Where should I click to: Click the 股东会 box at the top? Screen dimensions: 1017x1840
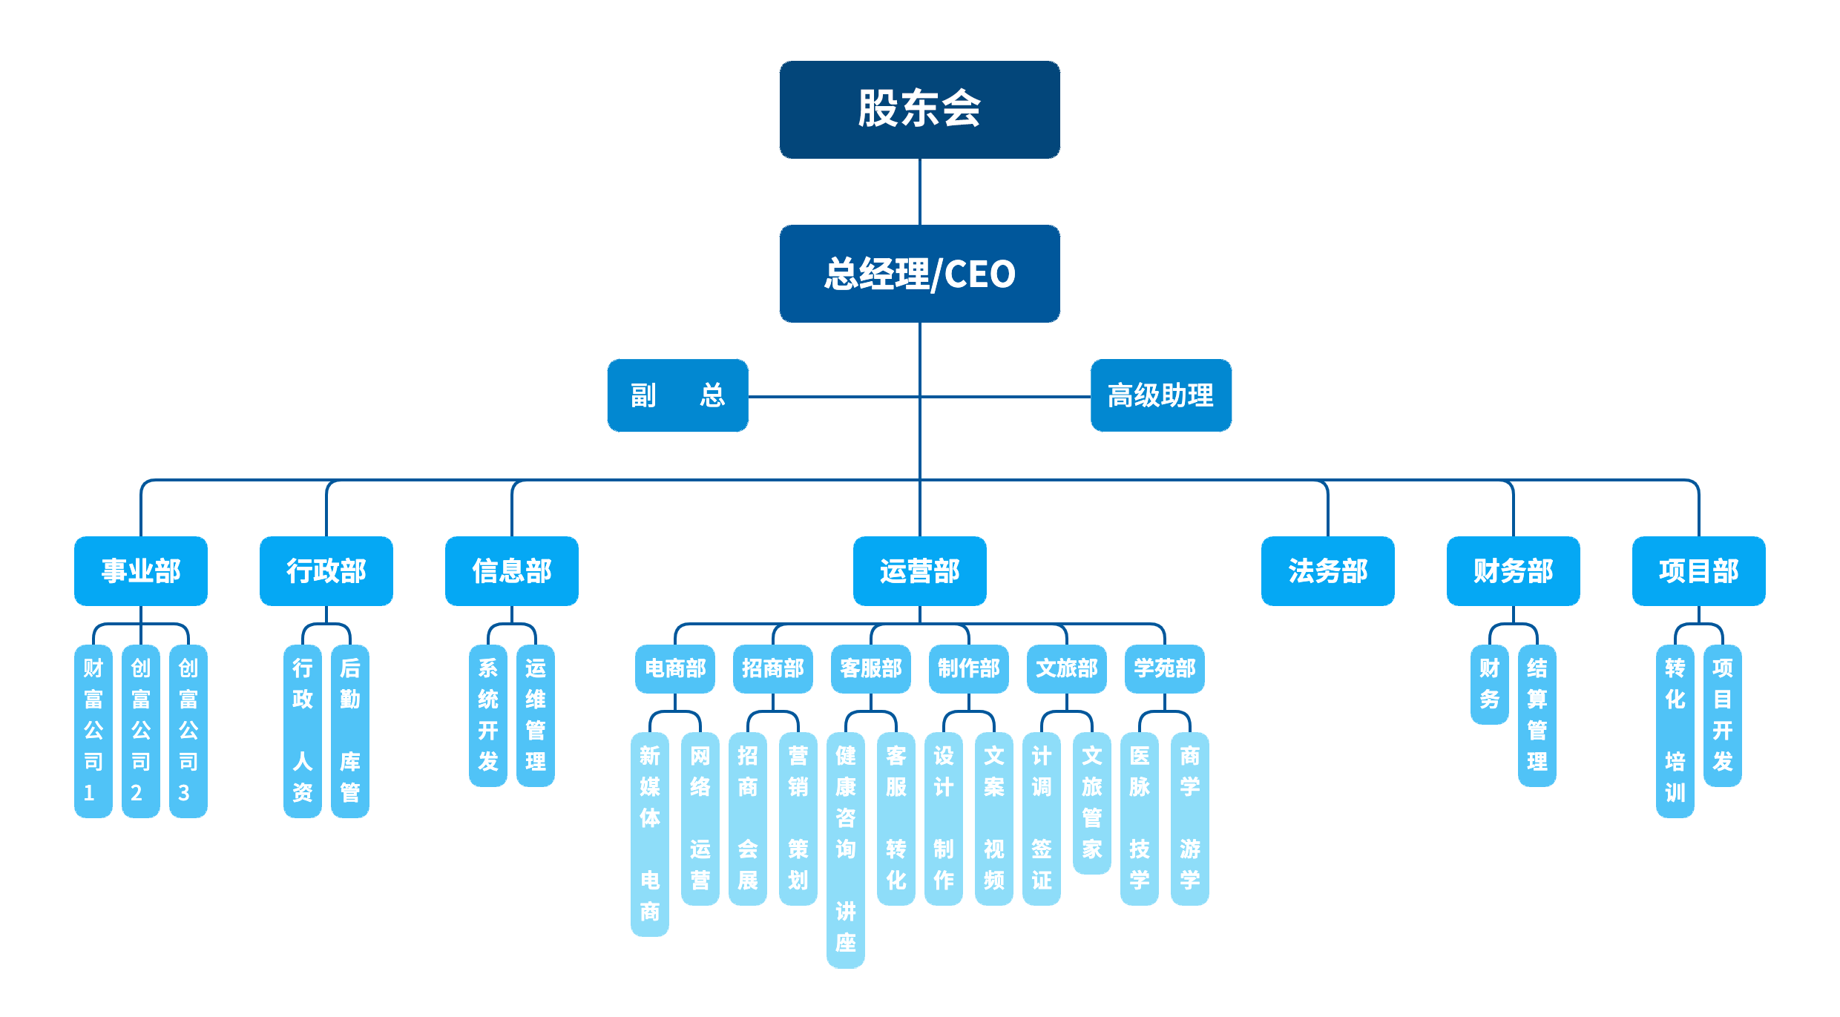pos(919,109)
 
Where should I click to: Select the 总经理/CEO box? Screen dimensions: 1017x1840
pos(919,273)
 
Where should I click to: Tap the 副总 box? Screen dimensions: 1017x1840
pos(677,395)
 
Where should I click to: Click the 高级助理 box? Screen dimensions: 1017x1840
pos(1160,395)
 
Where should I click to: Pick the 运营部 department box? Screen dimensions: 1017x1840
pos(919,570)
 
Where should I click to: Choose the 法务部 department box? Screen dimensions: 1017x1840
pos(1327,570)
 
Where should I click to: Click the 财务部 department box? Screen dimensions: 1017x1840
pos(1513,570)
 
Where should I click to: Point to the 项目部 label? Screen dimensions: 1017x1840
pos(1698,570)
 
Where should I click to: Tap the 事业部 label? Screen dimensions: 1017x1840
pos(141,570)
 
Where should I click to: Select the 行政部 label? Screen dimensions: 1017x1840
pos(326,570)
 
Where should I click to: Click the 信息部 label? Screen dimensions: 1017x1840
pos(512,570)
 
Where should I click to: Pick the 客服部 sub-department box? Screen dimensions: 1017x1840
pos(871,668)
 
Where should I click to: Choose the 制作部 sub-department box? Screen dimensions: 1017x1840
pos(968,668)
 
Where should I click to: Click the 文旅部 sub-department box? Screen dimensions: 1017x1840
pos(1066,668)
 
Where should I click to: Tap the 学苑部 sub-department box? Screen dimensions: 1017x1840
pos(1164,668)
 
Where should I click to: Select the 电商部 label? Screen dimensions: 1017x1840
pos(675,668)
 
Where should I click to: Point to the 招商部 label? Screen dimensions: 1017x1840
pos(772,668)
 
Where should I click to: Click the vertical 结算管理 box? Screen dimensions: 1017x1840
pos(1537,714)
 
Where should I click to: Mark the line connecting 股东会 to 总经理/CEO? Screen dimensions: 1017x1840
pos(920,191)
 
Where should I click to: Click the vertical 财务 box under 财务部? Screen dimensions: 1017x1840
pos(1489,684)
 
